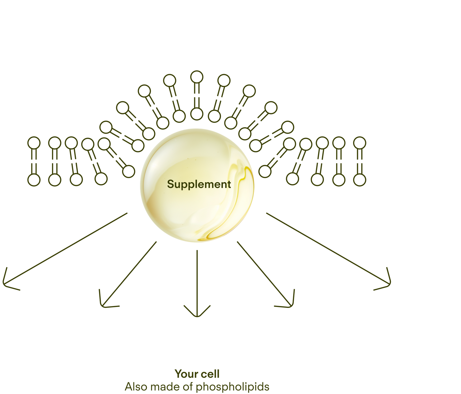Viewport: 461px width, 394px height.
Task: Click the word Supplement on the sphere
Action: point(199,184)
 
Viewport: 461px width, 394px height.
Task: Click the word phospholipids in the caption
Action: point(232,387)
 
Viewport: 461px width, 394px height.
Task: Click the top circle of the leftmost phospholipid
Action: point(34,143)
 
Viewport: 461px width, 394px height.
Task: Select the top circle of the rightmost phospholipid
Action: point(359,143)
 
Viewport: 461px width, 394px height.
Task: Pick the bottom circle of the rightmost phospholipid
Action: point(359,180)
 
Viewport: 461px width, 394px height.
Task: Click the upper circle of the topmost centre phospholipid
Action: point(197,77)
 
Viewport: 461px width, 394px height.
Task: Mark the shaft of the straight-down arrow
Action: point(197,277)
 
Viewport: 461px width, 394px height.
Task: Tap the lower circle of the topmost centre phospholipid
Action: point(197,114)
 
